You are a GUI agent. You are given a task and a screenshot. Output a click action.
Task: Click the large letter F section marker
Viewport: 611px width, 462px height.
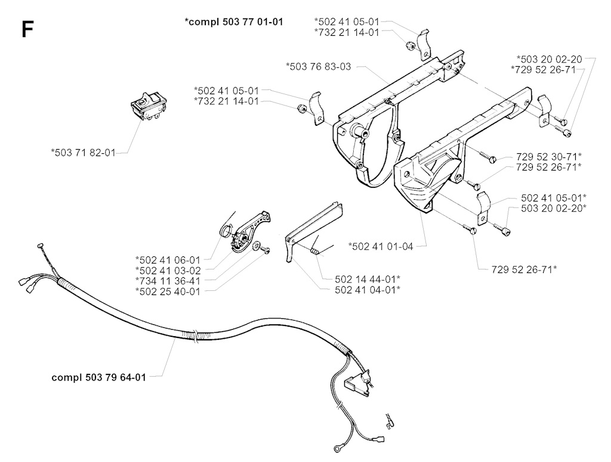[x=27, y=29]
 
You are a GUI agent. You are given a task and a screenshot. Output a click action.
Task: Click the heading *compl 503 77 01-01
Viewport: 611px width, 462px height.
[x=234, y=22]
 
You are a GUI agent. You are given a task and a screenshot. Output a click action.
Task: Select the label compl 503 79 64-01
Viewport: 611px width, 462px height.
[x=98, y=377]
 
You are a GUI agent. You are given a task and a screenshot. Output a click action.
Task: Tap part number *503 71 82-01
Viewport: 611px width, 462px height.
[x=84, y=153]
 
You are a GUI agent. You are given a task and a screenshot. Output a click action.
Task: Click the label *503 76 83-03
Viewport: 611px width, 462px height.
[x=319, y=67]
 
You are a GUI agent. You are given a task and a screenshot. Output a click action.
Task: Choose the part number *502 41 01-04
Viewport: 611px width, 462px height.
[x=381, y=246]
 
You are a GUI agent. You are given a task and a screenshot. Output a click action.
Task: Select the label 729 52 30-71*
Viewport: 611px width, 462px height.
[x=549, y=156]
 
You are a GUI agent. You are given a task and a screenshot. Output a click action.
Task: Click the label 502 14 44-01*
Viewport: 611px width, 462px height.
[x=368, y=279]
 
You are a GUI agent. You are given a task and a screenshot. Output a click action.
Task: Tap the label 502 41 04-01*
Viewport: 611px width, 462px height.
[x=368, y=290]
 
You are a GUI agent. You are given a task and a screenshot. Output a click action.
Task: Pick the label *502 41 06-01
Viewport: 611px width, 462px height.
[x=168, y=259]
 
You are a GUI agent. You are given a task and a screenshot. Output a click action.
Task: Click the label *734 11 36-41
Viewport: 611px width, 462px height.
[x=168, y=281]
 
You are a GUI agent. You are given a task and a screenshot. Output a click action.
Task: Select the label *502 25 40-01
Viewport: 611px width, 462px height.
[x=168, y=291]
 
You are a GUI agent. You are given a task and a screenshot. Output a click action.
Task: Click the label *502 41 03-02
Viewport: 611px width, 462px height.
[x=168, y=270]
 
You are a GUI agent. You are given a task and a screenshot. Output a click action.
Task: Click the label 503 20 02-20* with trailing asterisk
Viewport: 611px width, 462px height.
[x=553, y=208]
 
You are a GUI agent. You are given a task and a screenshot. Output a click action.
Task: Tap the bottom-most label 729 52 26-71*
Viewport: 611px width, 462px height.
[x=524, y=269]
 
